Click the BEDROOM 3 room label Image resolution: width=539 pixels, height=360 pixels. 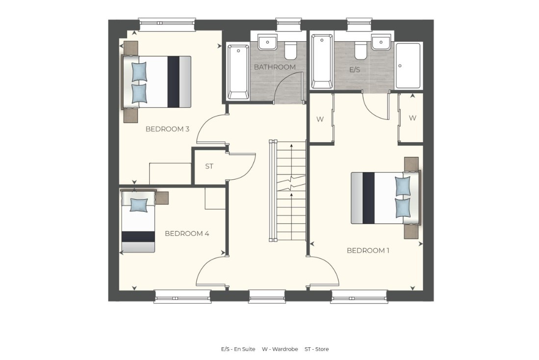tap(167, 129)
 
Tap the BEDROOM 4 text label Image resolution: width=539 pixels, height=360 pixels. tap(187, 233)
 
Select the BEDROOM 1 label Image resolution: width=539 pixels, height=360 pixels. tap(368, 251)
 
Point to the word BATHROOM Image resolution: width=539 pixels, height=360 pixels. tap(275, 67)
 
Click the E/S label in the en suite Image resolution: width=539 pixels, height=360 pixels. tap(355, 70)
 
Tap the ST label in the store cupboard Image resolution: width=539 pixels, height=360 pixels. tap(209, 166)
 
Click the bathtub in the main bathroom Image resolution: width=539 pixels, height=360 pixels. tap(238, 71)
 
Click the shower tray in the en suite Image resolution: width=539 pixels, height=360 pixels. tap(408, 66)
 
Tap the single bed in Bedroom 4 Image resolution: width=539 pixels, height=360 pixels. tap(138, 222)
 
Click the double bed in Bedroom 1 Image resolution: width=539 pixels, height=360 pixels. tap(385, 198)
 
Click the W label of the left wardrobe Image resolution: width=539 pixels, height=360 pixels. tap(320, 118)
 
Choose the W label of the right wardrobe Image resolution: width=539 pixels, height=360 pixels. tap(412, 118)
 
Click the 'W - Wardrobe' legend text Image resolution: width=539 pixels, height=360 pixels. tap(279, 349)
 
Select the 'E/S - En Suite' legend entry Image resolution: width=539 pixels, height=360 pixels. tap(238, 349)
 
